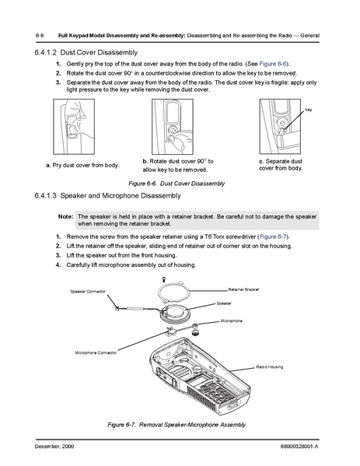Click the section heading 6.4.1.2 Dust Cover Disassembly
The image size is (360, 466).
point(86,53)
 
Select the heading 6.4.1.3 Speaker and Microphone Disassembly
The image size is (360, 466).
point(107,195)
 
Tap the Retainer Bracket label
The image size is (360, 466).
point(243,289)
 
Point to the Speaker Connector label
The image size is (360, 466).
point(88,292)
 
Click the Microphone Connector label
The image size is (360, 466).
point(96,352)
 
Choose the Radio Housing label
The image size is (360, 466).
point(269,367)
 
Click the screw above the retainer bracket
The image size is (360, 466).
point(163,279)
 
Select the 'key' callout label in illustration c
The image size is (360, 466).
point(309,110)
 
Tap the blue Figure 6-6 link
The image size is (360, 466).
point(273,64)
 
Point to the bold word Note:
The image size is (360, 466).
point(65,216)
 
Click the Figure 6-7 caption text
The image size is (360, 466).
point(177,425)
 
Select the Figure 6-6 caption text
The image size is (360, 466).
point(177,184)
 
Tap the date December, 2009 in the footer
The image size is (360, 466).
point(54,447)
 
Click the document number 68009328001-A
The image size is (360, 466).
point(299,447)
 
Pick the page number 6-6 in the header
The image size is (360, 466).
point(40,36)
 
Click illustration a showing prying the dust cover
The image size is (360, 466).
point(74,127)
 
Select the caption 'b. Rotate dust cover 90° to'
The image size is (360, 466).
point(178,161)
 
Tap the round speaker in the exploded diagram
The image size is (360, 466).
point(175,313)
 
